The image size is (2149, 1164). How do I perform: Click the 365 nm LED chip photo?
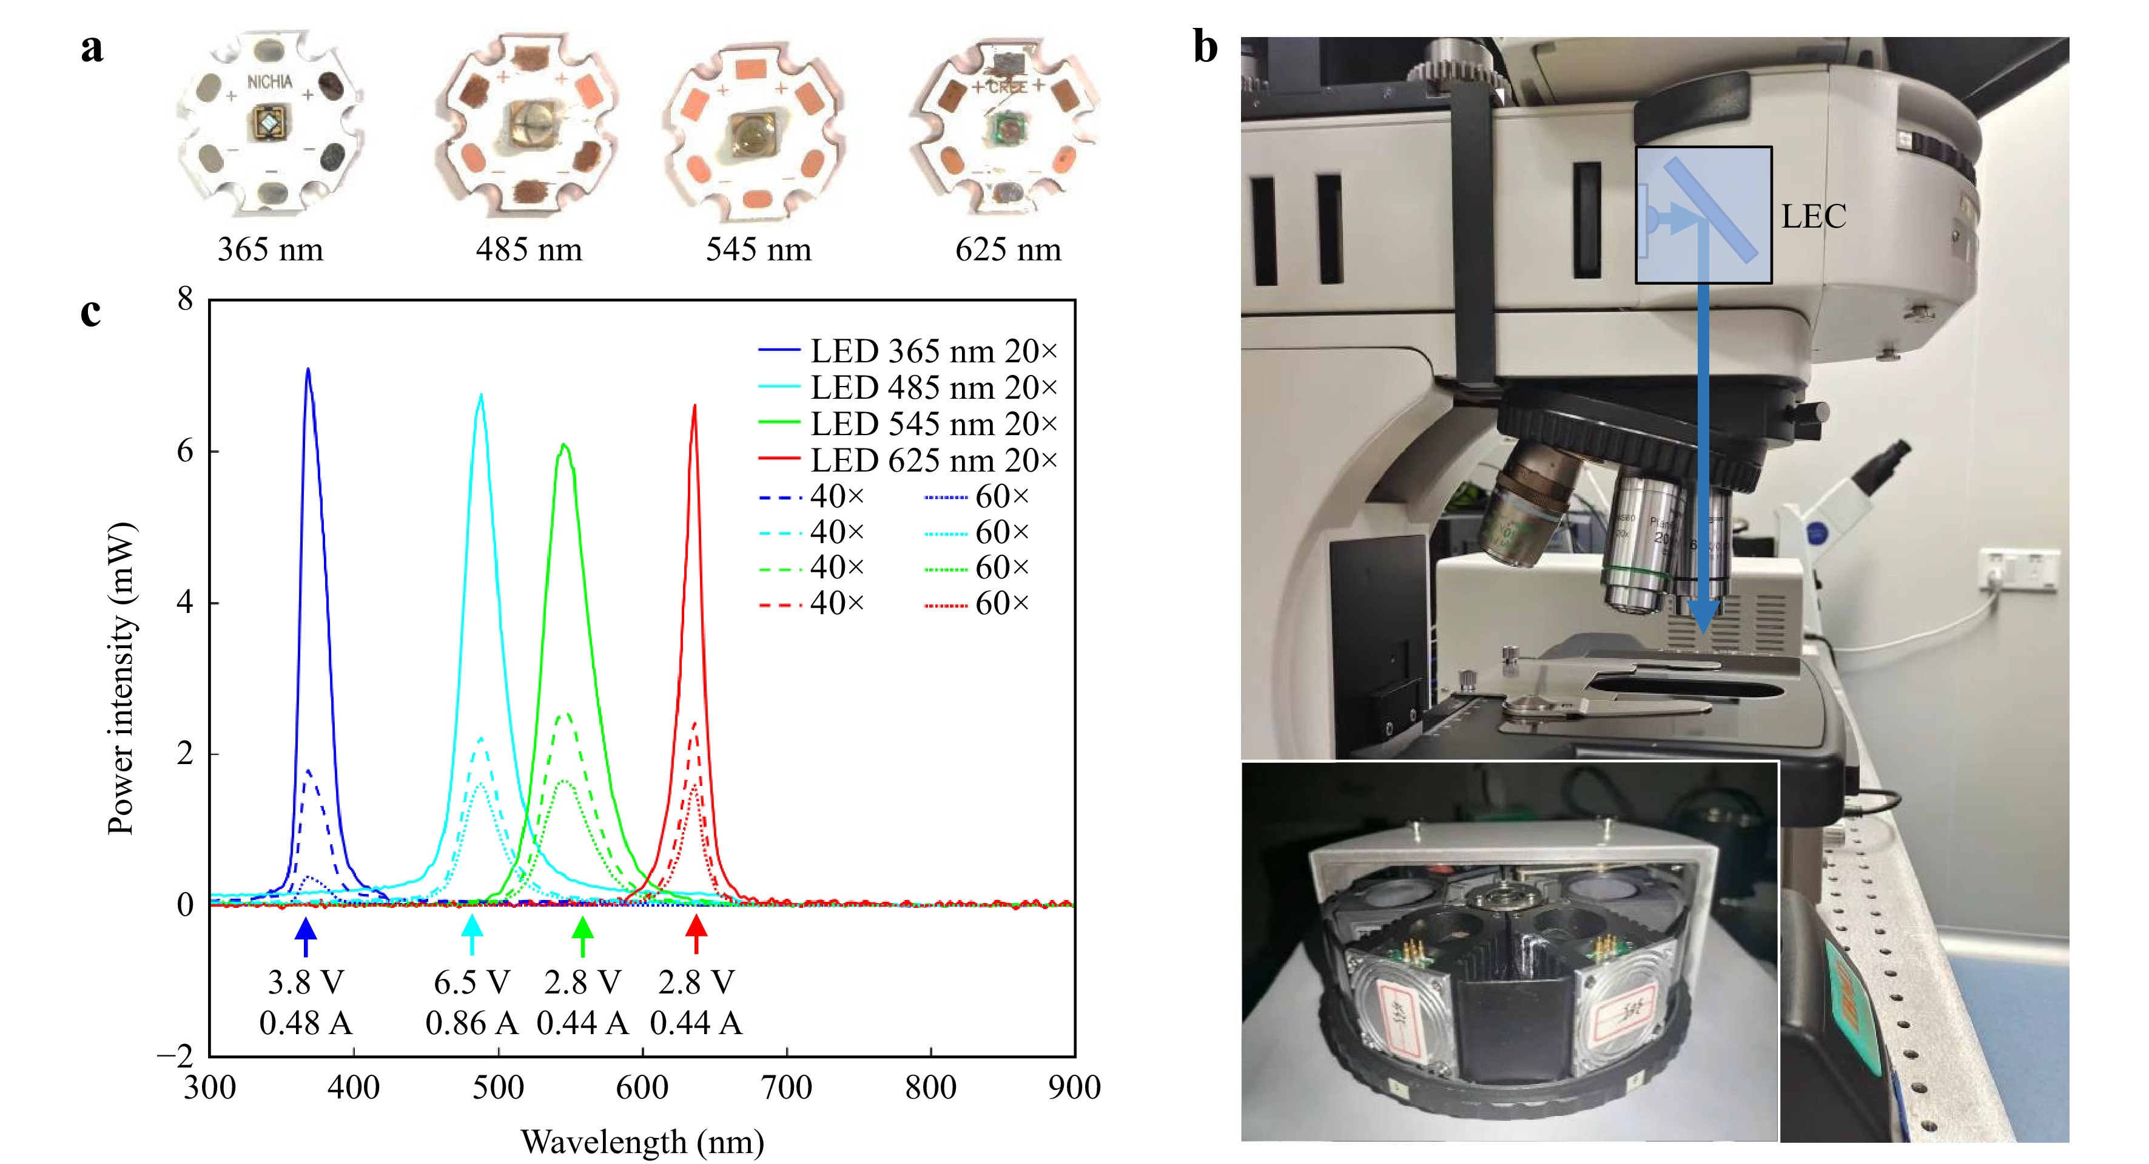[269, 123]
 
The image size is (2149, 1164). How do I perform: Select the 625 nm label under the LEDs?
[1007, 249]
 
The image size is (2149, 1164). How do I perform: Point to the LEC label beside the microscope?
[1814, 217]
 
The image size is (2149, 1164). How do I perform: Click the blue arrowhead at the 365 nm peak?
[306, 930]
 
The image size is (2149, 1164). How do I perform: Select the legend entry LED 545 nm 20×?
[933, 424]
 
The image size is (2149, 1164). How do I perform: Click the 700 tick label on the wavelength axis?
[787, 1088]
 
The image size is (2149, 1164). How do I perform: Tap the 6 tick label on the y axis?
[185, 452]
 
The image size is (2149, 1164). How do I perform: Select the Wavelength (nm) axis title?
[642, 1142]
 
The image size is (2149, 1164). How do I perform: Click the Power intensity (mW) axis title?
[122, 677]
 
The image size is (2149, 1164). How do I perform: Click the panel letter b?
[1205, 47]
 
